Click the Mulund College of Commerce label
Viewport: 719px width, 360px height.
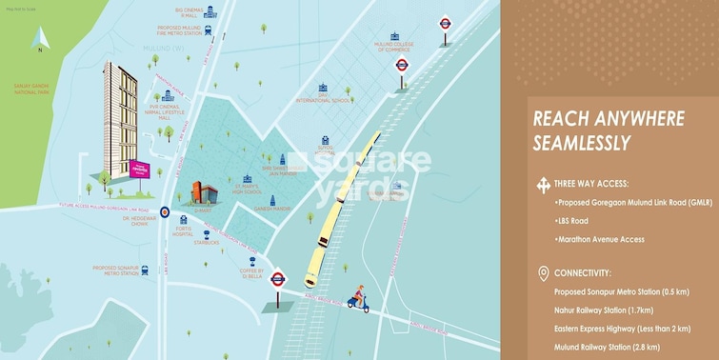(x=396, y=46)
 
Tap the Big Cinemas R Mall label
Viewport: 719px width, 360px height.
(x=191, y=15)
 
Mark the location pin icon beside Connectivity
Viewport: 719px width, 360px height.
(x=543, y=273)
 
